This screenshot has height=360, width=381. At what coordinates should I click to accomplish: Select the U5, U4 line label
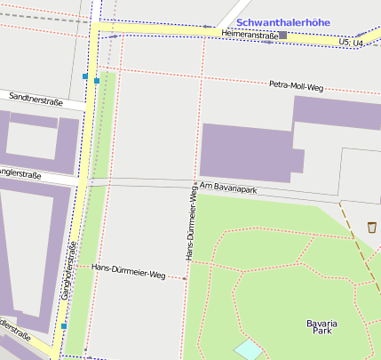[x=352, y=42]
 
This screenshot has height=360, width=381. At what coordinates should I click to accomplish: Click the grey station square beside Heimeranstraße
[x=283, y=35]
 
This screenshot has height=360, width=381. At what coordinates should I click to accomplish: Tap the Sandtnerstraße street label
[x=36, y=101]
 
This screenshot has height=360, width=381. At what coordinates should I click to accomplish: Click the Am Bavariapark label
[x=228, y=188]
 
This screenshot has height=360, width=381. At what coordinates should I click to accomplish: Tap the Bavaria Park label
[x=321, y=326]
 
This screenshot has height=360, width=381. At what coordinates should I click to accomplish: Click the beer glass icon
[x=371, y=228]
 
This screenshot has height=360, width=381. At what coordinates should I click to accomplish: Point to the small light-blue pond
[x=249, y=349]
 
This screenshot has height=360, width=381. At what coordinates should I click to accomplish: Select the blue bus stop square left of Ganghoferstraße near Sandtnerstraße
[x=85, y=77]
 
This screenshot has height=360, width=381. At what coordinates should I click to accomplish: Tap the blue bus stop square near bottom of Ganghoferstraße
[x=64, y=326]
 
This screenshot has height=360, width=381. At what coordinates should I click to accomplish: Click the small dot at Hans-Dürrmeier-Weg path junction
[x=186, y=278]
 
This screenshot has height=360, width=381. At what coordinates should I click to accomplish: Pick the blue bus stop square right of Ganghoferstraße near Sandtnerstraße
[x=96, y=81]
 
